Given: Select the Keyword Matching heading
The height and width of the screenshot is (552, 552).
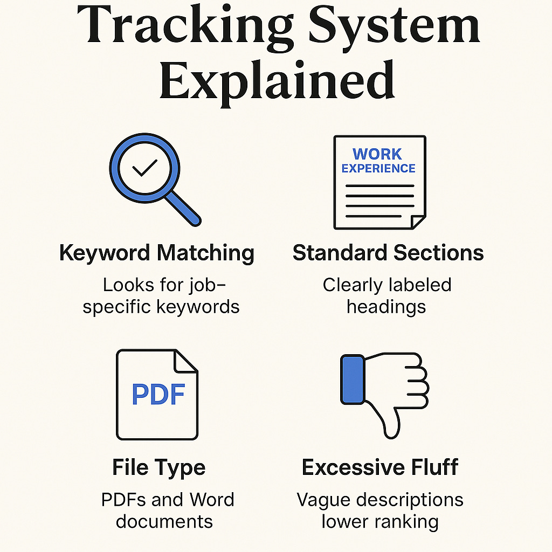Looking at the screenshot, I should click(x=156, y=253).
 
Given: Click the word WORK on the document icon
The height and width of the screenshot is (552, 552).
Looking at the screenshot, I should click(x=377, y=154).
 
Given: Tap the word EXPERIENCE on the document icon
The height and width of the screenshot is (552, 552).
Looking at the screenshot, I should click(x=378, y=168).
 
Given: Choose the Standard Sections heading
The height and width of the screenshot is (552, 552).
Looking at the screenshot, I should click(x=388, y=253).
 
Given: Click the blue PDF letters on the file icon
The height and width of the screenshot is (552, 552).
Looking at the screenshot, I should click(x=158, y=394).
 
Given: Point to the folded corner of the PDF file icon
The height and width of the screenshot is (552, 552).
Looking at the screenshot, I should click(x=186, y=361).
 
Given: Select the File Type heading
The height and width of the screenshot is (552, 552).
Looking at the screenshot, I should click(x=158, y=467).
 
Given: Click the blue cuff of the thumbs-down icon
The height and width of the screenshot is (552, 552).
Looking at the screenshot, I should click(x=352, y=379).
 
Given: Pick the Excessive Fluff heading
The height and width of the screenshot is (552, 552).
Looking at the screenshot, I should click(x=380, y=467).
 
